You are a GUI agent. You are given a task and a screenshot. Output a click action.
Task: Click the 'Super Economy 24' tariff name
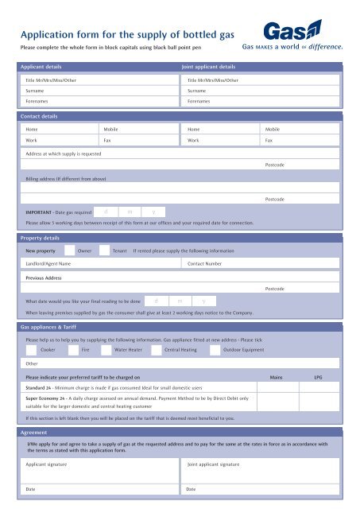tap(48, 397)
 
